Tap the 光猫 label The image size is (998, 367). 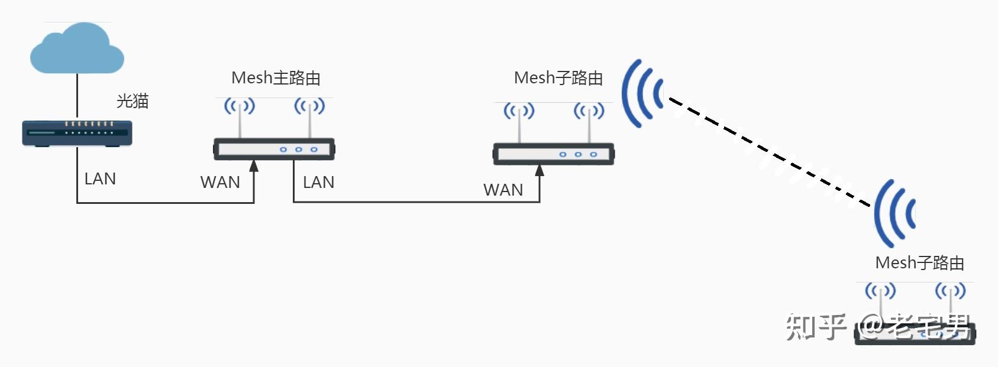pyautogui.click(x=133, y=101)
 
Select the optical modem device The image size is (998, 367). pyautogui.click(x=77, y=133)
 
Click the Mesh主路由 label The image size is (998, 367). pyautogui.click(x=276, y=78)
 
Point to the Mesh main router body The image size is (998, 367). pyautogui.click(x=274, y=149)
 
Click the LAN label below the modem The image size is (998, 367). pyautogui.click(x=100, y=179)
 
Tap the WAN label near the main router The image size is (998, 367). pyautogui.click(x=220, y=183)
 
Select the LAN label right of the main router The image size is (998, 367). pyautogui.click(x=318, y=183)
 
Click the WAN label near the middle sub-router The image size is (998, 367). pyautogui.click(x=503, y=190)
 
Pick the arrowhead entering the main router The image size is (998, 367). pyautogui.click(x=254, y=165)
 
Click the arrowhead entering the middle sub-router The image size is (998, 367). pyautogui.click(x=540, y=171)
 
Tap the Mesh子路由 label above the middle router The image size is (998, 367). pyautogui.click(x=558, y=78)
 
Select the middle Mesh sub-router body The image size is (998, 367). pyautogui.click(x=554, y=154)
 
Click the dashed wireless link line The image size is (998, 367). pyautogui.click(x=769, y=152)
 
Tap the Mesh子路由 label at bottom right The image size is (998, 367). pyautogui.click(x=919, y=263)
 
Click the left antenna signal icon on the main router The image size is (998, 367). pyautogui.click(x=239, y=106)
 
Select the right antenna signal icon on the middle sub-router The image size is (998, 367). pyautogui.click(x=589, y=111)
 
